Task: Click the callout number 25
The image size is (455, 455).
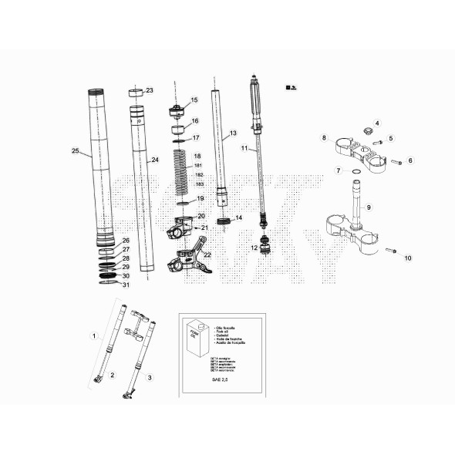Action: [x=75, y=150]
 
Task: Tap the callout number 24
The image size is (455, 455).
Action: [x=155, y=160]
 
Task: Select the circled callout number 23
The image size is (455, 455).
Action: [x=150, y=90]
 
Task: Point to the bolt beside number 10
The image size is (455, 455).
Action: [x=391, y=251]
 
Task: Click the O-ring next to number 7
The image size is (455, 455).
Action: [x=353, y=171]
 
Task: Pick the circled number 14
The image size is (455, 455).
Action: [x=238, y=218]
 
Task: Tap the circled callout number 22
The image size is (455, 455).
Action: [x=207, y=255]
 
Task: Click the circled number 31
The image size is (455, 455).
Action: [x=126, y=285]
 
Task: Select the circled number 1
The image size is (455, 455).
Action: [x=94, y=336]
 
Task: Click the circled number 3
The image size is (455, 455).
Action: [x=150, y=377]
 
